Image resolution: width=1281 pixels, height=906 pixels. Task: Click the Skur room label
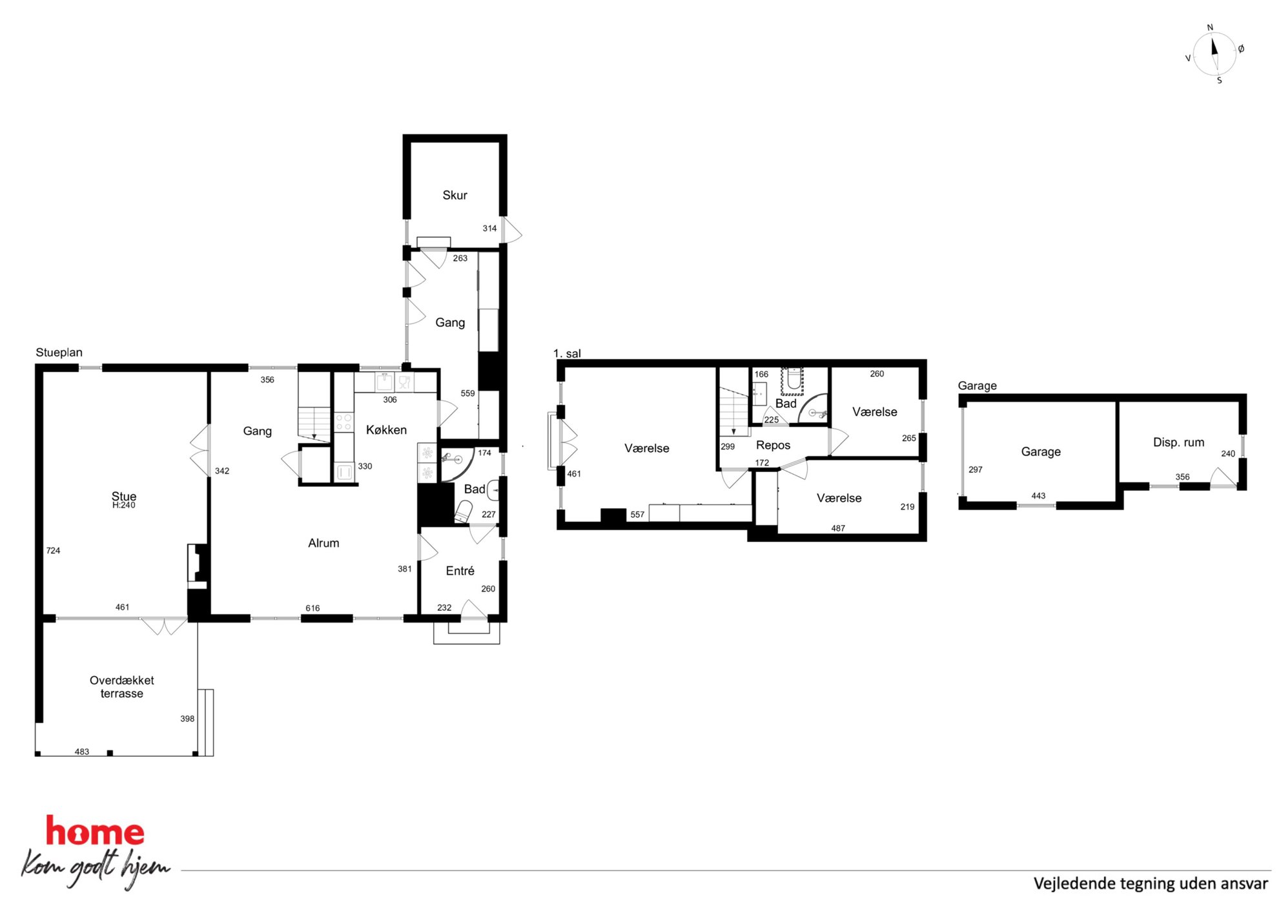coord(455,195)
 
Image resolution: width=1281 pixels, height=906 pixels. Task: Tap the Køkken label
coord(386,430)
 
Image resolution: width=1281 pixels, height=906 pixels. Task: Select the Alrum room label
coord(323,543)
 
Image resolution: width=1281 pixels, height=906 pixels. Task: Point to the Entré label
coord(460,571)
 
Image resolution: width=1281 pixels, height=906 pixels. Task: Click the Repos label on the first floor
coord(773,446)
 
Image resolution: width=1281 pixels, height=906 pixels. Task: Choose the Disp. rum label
coord(1178,442)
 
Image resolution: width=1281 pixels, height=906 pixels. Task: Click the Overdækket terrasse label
coord(122,686)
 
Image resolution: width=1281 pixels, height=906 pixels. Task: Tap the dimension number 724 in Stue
coord(53,551)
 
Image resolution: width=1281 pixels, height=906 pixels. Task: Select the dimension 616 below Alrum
coord(313,608)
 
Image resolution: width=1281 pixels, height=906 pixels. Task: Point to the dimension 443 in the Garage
coord(1038,496)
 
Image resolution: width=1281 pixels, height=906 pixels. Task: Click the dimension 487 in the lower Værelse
coord(838,528)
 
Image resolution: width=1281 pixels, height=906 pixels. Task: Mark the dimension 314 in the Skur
coord(489,229)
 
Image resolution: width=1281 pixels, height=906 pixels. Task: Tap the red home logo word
coord(95,831)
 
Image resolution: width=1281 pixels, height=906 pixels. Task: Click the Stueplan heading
coord(59,353)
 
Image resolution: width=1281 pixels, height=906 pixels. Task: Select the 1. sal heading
coord(567,354)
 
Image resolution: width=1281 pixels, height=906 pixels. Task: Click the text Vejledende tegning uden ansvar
coord(1151,883)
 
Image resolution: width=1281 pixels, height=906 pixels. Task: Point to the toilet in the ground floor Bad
coord(464,511)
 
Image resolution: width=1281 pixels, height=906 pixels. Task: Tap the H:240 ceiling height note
coord(124,506)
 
